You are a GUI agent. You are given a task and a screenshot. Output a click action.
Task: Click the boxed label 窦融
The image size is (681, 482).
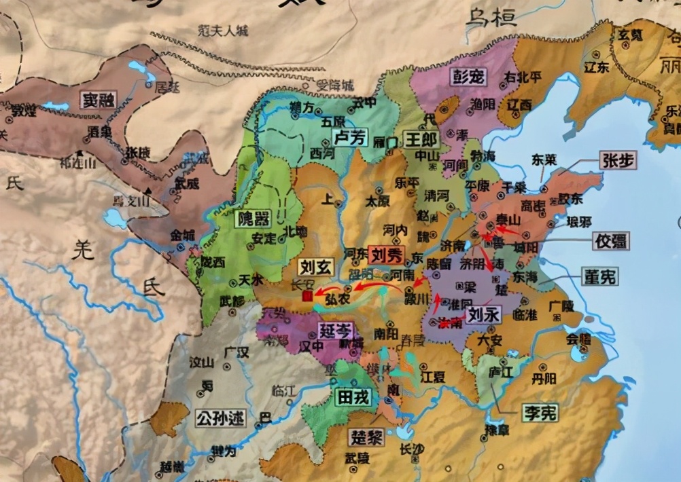(x=98, y=100)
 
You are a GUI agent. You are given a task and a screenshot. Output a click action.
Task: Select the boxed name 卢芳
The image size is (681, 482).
(x=351, y=138)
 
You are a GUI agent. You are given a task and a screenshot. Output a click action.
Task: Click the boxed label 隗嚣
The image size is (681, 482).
(x=252, y=219)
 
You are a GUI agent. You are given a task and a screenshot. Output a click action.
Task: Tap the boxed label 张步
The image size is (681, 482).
(x=618, y=160)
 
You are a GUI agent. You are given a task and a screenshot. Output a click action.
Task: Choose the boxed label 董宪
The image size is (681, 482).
(x=600, y=276)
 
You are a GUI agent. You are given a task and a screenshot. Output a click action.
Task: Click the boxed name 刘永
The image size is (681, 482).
(x=485, y=314)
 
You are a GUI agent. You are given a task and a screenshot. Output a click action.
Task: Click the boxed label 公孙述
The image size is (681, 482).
(x=220, y=418)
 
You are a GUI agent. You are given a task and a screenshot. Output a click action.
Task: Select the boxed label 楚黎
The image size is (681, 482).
(x=366, y=437)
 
